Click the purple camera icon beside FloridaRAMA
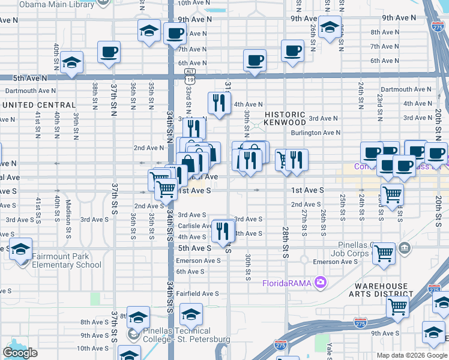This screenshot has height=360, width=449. (x=321, y=282)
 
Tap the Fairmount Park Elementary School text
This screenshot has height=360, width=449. (x=66, y=260)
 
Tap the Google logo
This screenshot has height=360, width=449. (x=20, y=352)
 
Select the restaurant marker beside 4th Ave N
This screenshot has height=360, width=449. (x=219, y=103)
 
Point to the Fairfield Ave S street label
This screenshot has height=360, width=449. (x=197, y=293)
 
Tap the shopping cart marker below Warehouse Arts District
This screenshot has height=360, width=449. (x=397, y=307)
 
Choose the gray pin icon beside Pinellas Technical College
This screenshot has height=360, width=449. (x=133, y=332)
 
